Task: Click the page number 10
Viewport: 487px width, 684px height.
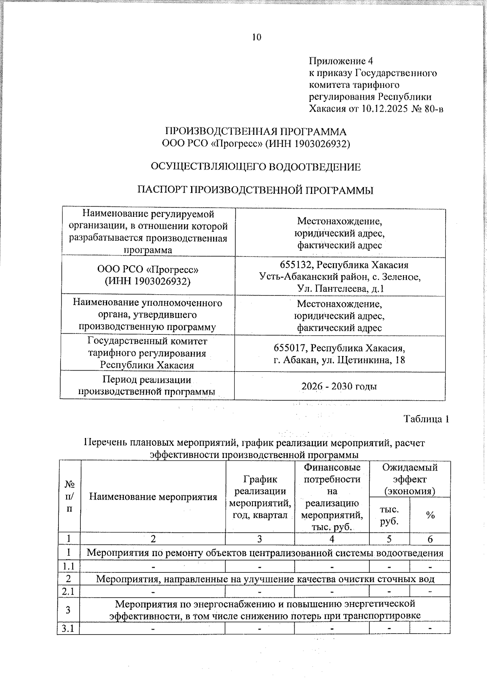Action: [x=256, y=37]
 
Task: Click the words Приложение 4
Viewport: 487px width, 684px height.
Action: [x=341, y=61]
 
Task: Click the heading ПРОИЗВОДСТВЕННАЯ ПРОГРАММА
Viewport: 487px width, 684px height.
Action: [x=256, y=132]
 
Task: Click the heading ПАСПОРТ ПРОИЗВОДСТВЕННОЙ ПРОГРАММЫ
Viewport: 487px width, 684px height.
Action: [x=256, y=190]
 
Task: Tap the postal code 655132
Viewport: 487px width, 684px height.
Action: [x=296, y=265]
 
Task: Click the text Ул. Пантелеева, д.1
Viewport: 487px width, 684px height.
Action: [x=340, y=289]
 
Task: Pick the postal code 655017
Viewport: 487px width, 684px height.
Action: [x=290, y=348]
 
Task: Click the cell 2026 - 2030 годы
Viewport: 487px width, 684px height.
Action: [x=339, y=386]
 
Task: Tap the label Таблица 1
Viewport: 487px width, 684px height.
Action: [x=426, y=419]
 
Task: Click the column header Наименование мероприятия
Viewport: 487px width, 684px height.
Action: [x=153, y=496]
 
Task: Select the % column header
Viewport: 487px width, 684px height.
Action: [x=430, y=515]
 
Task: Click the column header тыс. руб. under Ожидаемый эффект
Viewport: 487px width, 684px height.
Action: [x=389, y=515]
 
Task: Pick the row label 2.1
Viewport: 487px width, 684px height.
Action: [x=68, y=591]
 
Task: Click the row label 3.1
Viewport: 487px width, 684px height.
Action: [x=68, y=628]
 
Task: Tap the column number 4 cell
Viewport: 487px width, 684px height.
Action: [x=332, y=539]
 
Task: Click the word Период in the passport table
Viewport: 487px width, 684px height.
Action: [x=121, y=380]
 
